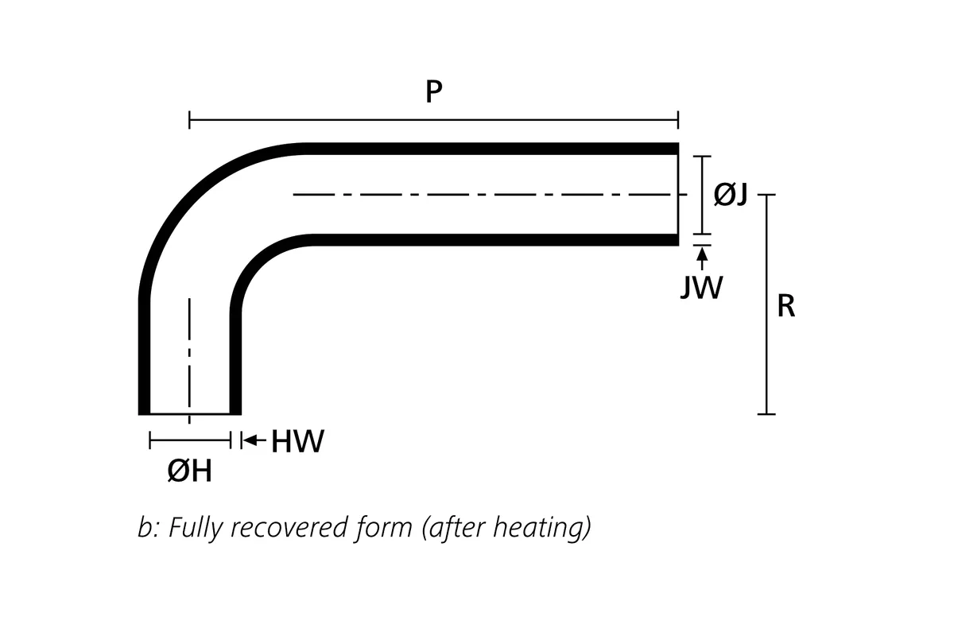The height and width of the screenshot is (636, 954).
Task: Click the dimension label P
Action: coord(433,92)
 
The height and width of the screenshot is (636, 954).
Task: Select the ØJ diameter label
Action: coord(731,193)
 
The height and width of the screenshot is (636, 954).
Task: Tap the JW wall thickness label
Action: coord(702,287)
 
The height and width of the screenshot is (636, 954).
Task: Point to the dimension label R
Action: coord(785,306)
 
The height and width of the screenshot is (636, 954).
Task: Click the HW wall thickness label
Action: coord(298,441)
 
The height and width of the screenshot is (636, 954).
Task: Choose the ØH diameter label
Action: coord(190,471)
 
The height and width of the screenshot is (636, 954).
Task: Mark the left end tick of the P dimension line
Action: coord(189,121)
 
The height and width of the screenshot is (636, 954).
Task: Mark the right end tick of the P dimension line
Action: coord(678,121)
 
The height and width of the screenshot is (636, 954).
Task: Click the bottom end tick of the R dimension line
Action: coord(766,413)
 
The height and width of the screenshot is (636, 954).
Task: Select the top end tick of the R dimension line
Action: coord(766,194)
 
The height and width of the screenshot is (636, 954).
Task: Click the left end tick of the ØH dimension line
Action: coord(150,440)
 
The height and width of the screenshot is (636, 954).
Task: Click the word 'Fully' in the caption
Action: coord(195,528)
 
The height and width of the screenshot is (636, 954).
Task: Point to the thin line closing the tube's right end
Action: coord(678,194)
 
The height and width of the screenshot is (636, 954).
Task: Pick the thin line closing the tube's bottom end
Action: coord(189,414)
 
